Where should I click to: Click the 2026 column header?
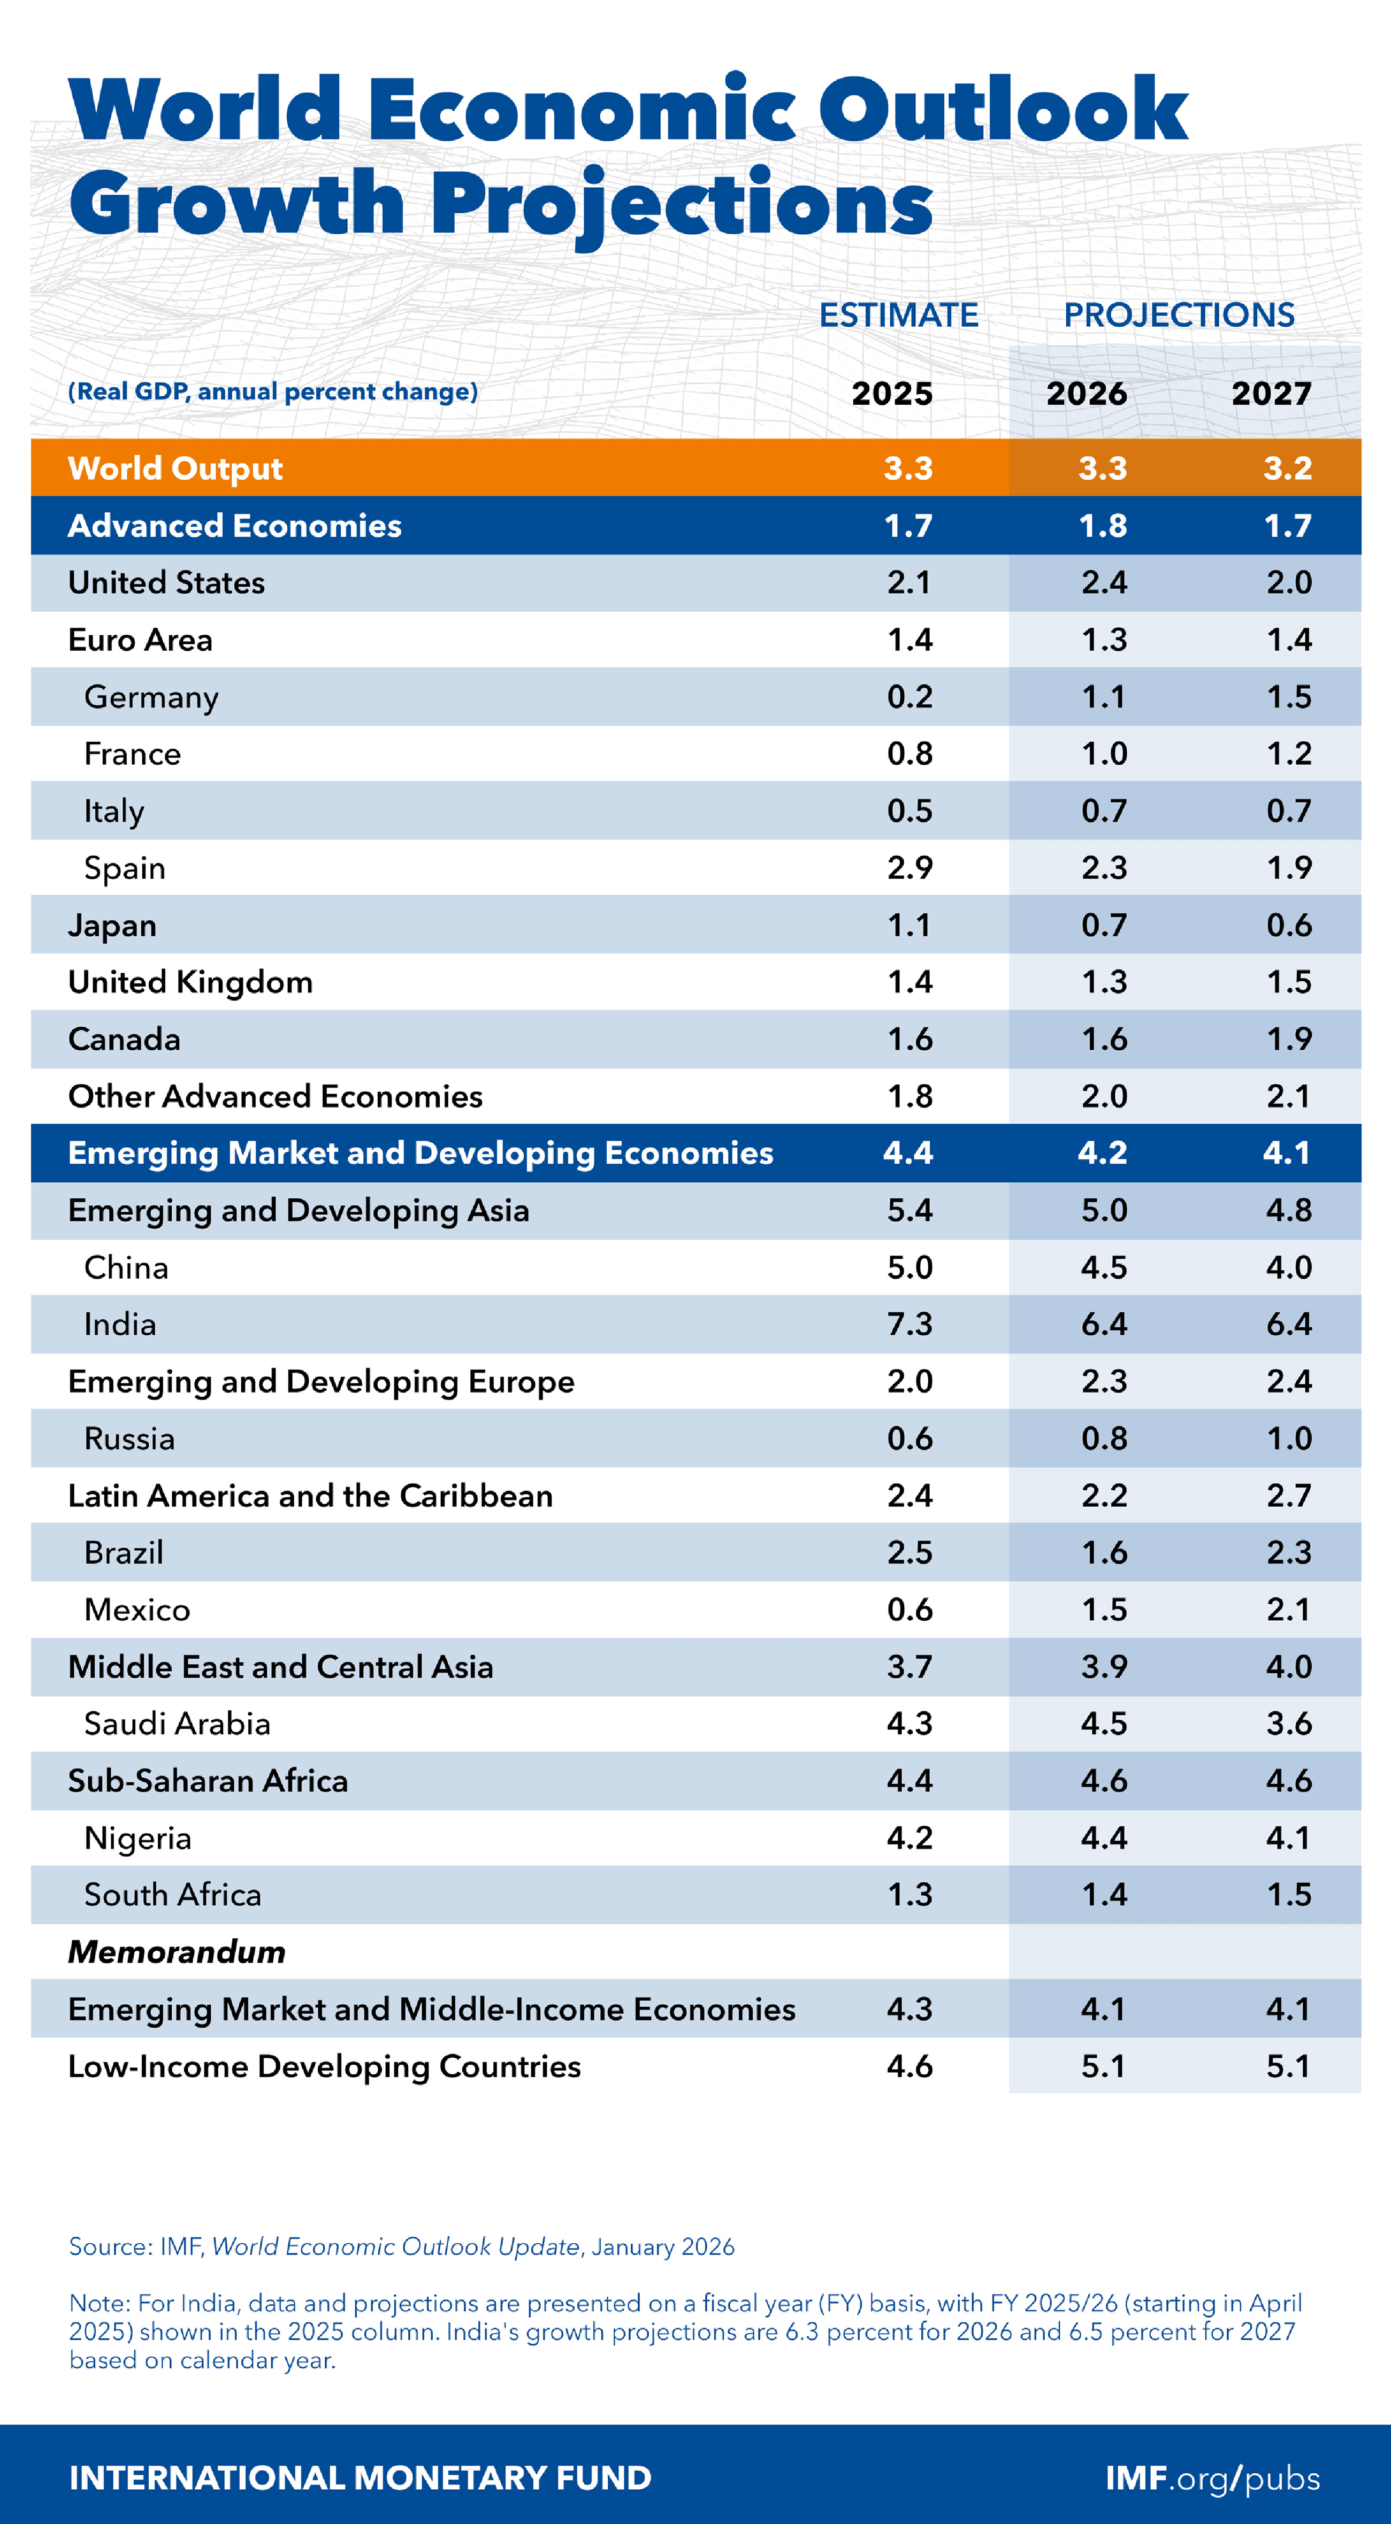coord(1086,394)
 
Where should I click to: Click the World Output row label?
coord(175,468)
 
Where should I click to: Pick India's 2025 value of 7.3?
coord(909,1325)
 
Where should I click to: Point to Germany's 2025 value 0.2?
coord(909,697)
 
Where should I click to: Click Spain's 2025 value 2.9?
coord(909,868)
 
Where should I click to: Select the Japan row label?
coord(112,925)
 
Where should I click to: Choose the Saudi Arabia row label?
coord(178,1723)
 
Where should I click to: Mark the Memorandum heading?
coord(177,1952)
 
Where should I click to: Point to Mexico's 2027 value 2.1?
coord(1288,1610)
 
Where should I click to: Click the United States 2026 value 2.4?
coord(1104,583)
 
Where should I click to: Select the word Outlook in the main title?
coord(1002,110)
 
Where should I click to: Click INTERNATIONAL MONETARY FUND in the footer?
coord(360,2478)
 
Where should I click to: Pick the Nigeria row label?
coord(137,1838)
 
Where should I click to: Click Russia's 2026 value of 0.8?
coord(1104,1438)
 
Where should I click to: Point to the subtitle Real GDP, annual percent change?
coord(272,392)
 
